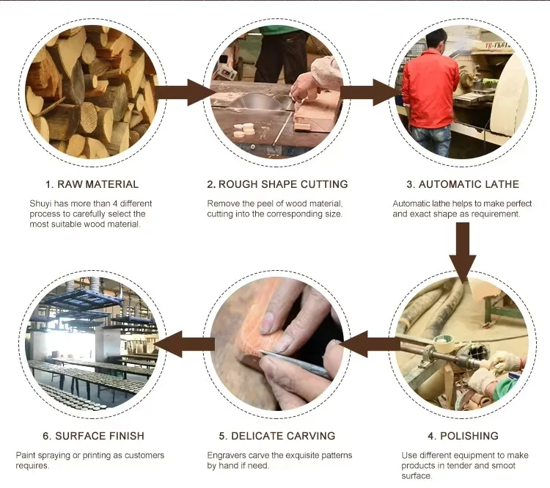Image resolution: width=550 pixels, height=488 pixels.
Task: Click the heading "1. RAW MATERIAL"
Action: point(92,184)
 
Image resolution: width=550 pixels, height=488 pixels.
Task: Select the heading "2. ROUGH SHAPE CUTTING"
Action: point(277,184)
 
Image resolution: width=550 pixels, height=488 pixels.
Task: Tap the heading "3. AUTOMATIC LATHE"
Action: point(463,184)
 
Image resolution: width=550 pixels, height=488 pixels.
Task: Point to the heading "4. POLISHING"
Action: point(463,436)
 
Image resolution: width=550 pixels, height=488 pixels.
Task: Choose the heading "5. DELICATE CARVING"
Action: point(277,436)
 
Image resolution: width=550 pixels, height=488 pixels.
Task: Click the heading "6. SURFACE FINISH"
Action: point(94,436)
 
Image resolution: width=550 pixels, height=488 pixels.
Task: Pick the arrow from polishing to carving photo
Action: point(370,344)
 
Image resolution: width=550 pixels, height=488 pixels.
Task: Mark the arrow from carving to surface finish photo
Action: point(185,344)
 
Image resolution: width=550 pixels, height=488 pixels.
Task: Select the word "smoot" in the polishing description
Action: point(505,465)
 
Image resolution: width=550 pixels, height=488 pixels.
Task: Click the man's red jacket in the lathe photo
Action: point(430,88)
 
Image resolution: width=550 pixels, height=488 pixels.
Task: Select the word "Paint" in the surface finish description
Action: point(25,456)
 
